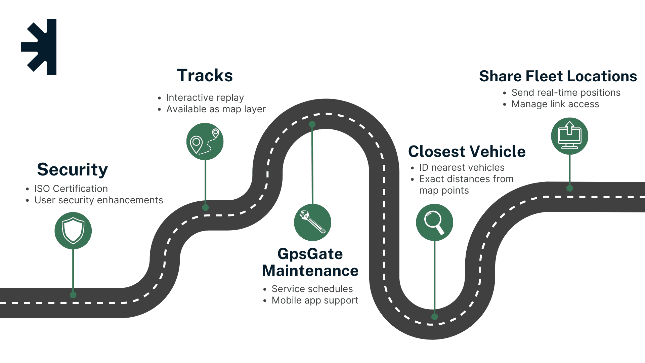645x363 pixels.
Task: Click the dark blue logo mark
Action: (40, 47)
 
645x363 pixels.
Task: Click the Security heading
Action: (72, 169)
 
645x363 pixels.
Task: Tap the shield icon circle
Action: (73, 231)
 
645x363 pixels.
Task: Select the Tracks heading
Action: (205, 76)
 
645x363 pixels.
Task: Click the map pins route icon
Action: (205, 142)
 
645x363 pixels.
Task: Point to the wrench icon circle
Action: (312, 222)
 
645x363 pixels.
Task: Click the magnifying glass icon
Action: (434, 222)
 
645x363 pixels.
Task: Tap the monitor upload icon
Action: (569, 136)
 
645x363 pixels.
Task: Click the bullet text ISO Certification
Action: (71, 189)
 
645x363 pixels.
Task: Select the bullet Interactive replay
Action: (205, 97)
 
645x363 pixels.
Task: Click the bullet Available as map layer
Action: (216, 109)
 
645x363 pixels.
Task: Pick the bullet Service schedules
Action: (312, 289)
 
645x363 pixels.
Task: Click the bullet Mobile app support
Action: (315, 300)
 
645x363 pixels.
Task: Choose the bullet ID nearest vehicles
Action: (462, 167)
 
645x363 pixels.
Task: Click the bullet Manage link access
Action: (555, 104)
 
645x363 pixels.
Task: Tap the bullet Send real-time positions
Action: (566, 92)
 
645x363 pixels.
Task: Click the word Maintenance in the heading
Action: (310, 271)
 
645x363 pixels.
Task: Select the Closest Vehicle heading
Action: (467, 152)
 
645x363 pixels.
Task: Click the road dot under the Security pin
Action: (73, 295)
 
